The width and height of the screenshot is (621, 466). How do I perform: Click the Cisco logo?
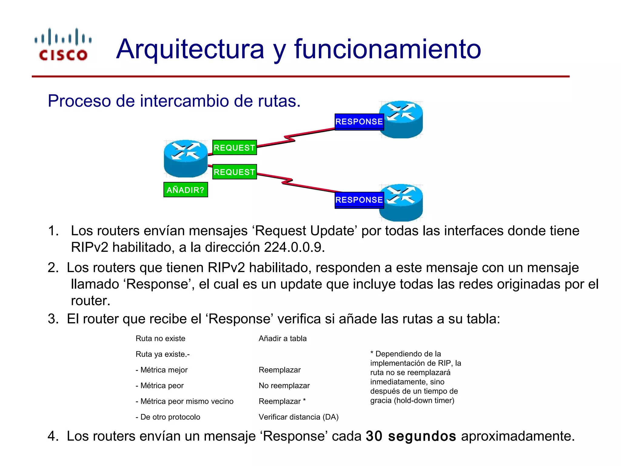pyautogui.click(x=63, y=45)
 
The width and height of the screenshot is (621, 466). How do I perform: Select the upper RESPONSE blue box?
pyautogui.click(x=359, y=122)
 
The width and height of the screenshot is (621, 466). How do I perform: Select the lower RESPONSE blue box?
pyautogui.click(x=359, y=200)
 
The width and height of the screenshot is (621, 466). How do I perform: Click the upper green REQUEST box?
pyautogui.click(x=234, y=148)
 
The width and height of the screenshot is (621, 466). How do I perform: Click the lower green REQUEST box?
pyautogui.click(x=234, y=172)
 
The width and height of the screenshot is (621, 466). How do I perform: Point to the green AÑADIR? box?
pyautogui.click(x=186, y=190)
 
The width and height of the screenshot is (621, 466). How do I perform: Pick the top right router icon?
pyautogui.click(x=402, y=120)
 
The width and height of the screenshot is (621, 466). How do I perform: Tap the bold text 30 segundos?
pyautogui.click(x=411, y=436)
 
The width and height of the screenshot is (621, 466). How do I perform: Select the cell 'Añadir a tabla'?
pyautogui.click(x=283, y=339)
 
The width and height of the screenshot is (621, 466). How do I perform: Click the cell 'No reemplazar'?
pyautogui.click(x=284, y=386)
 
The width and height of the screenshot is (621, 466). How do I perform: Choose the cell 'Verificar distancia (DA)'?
pyautogui.click(x=298, y=417)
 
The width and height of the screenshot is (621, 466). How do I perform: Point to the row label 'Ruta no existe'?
pyautogui.click(x=160, y=339)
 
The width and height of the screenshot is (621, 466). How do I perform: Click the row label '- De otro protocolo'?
pyautogui.click(x=168, y=417)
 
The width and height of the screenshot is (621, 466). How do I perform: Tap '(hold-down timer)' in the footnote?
pyautogui.click(x=424, y=401)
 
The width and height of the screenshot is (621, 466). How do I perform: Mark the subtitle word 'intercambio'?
pyautogui.click(x=184, y=101)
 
